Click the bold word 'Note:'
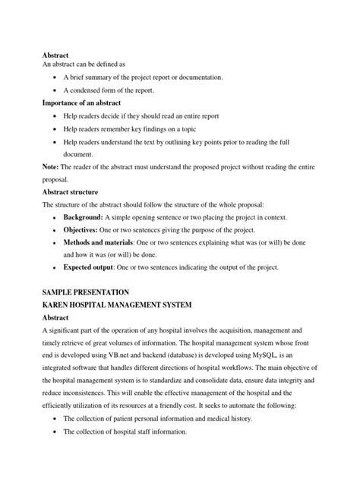[x=52, y=166]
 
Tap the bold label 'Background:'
[x=88, y=218]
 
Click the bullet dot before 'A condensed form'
[x=58, y=90]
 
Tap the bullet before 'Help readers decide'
[x=58, y=115]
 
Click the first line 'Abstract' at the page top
[x=55, y=54]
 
